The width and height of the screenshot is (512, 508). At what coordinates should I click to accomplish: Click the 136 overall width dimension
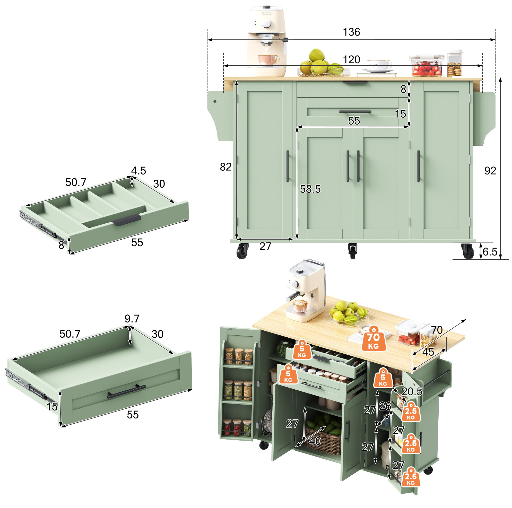click(x=351, y=32)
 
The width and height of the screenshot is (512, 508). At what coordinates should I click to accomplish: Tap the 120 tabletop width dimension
click(x=351, y=60)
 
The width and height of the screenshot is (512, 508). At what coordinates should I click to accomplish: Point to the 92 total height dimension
click(x=490, y=171)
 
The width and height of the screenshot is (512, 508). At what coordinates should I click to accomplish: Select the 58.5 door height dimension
click(x=310, y=189)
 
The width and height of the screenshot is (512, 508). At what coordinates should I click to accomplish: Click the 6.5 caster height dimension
click(x=490, y=251)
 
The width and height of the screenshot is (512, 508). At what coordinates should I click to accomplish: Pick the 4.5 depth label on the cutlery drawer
click(x=138, y=171)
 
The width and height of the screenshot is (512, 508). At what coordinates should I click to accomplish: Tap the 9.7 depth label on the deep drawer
click(x=132, y=319)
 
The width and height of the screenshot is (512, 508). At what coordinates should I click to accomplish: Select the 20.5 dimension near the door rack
click(x=412, y=391)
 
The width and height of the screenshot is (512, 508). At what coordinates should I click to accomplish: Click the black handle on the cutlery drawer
click(x=127, y=220)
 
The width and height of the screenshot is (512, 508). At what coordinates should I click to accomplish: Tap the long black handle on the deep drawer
click(x=126, y=391)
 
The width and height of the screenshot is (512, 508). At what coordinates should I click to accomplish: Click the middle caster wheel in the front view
click(x=352, y=250)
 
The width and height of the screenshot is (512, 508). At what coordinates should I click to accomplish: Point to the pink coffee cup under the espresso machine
click(x=268, y=59)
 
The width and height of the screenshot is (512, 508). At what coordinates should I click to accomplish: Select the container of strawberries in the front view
click(x=427, y=65)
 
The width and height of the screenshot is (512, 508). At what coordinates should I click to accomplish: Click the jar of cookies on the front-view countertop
click(x=454, y=63)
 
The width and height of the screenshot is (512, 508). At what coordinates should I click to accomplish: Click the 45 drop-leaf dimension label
click(x=428, y=352)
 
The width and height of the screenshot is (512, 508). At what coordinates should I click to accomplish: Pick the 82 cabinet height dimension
click(x=225, y=167)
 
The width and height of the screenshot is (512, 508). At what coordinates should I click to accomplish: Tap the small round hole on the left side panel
click(x=215, y=101)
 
